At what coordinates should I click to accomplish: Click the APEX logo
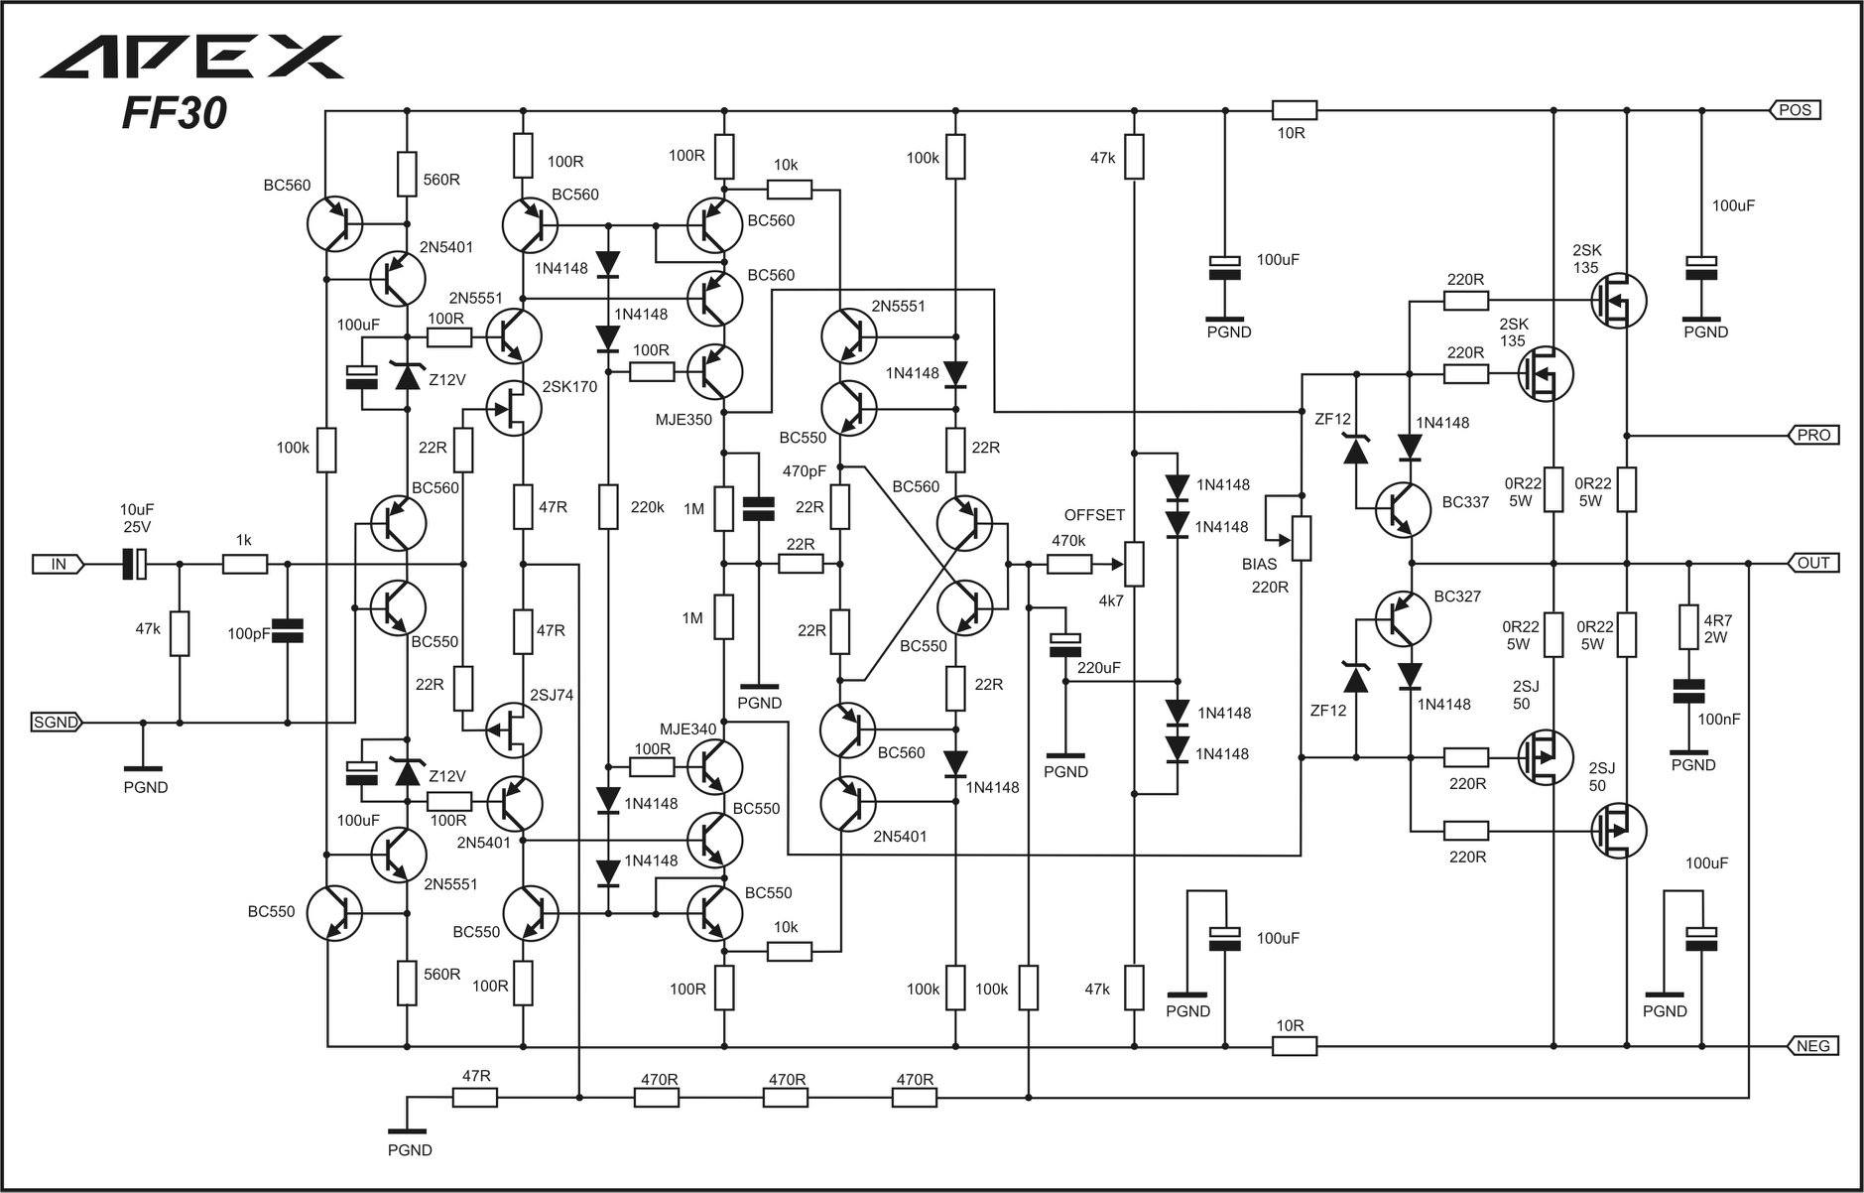(x=191, y=57)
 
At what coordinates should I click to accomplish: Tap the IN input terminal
(x=59, y=564)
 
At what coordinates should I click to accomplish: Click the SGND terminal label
(x=56, y=722)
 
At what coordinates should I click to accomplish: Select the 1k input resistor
(x=244, y=564)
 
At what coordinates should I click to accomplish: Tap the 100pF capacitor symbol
(x=288, y=629)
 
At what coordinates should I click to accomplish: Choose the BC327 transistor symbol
(x=1403, y=617)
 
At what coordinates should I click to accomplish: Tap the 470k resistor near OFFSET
(x=1069, y=564)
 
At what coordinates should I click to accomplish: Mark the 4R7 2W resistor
(x=1687, y=627)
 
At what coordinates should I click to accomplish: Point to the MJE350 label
(x=683, y=420)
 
